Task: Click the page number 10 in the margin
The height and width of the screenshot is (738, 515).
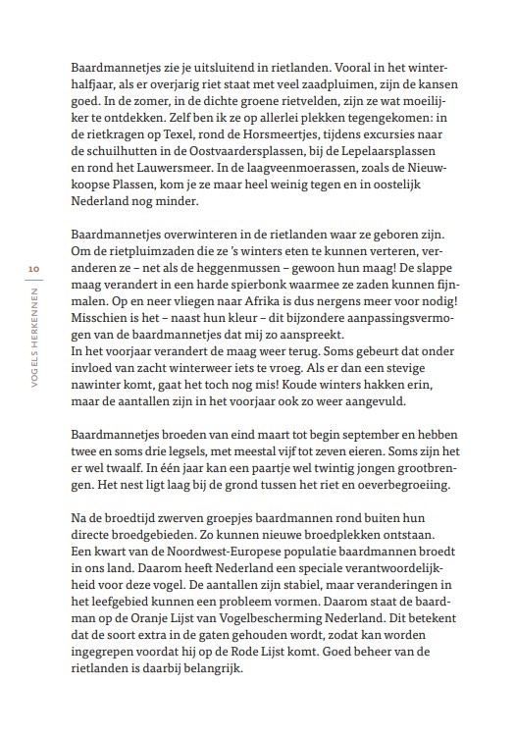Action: (33, 268)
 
